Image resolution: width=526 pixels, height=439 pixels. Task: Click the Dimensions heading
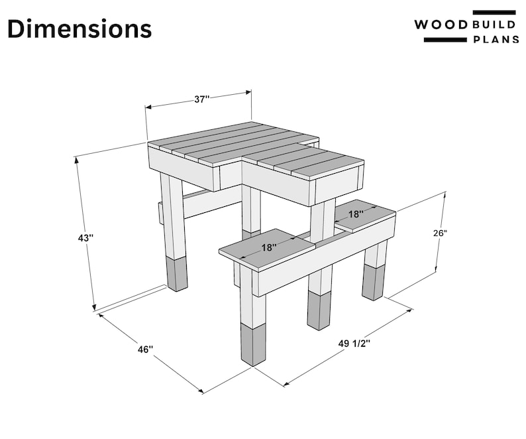[x=79, y=29]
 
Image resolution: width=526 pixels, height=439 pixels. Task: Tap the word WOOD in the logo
[x=441, y=25]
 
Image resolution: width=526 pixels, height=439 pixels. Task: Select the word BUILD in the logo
[x=494, y=25]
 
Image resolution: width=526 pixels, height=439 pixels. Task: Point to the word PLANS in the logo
[x=494, y=40]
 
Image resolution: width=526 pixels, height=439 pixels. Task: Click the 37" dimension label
[x=201, y=99]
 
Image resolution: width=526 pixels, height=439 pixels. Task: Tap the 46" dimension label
[x=144, y=349]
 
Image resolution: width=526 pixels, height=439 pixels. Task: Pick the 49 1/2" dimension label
[x=354, y=344]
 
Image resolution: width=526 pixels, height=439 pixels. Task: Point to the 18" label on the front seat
[x=268, y=247]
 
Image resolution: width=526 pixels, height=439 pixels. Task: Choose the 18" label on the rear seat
[x=356, y=214]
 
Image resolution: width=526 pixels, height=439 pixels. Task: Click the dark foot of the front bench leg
[x=253, y=345]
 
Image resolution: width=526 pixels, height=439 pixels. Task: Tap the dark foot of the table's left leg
[x=177, y=274]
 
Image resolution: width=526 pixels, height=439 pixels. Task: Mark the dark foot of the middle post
[x=319, y=311]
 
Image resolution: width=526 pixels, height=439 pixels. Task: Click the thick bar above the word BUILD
[x=494, y=12]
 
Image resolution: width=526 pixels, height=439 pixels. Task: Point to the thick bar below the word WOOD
[x=445, y=40]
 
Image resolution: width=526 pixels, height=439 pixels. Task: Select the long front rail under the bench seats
[x=325, y=259]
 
